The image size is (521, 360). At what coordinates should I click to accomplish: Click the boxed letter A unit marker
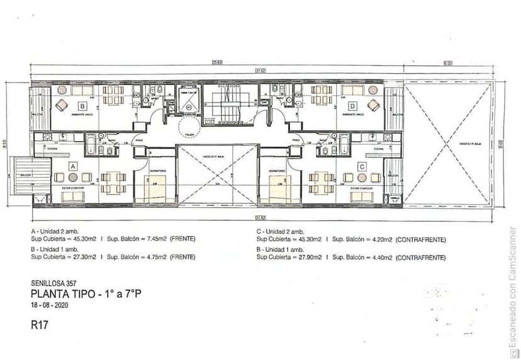click(72, 166)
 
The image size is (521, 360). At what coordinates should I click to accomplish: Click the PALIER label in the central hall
click(188, 134)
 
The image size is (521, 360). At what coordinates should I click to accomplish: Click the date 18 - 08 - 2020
click(49, 305)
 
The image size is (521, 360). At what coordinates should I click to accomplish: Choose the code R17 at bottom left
click(39, 325)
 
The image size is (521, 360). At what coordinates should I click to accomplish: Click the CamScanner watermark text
click(513, 286)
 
